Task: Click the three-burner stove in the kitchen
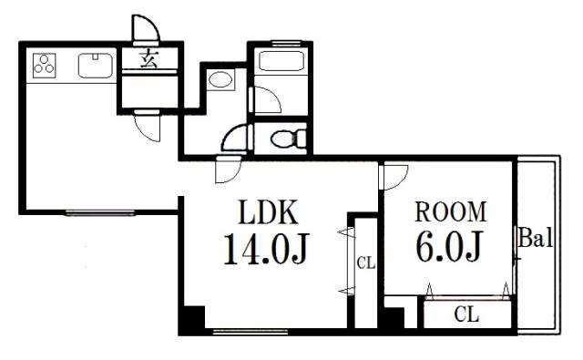tap(45, 66)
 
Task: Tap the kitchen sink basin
tap(96, 66)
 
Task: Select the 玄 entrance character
tap(149, 59)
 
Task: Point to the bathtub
tap(281, 61)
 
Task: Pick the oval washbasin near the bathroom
tap(220, 79)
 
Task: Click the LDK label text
tap(268, 212)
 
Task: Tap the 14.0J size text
tap(266, 248)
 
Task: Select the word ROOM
tap(451, 211)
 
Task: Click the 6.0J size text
tap(449, 247)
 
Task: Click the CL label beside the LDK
tap(366, 263)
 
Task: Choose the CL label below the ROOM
tap(466, 314)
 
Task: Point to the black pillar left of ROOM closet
tap(394, 318)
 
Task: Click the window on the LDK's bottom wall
tap(251, 332)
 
